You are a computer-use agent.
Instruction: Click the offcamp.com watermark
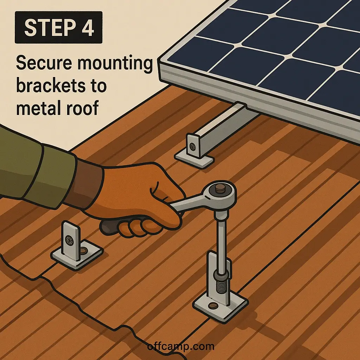[180, 347]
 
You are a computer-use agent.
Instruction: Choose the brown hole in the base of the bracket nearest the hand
[84, 250]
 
